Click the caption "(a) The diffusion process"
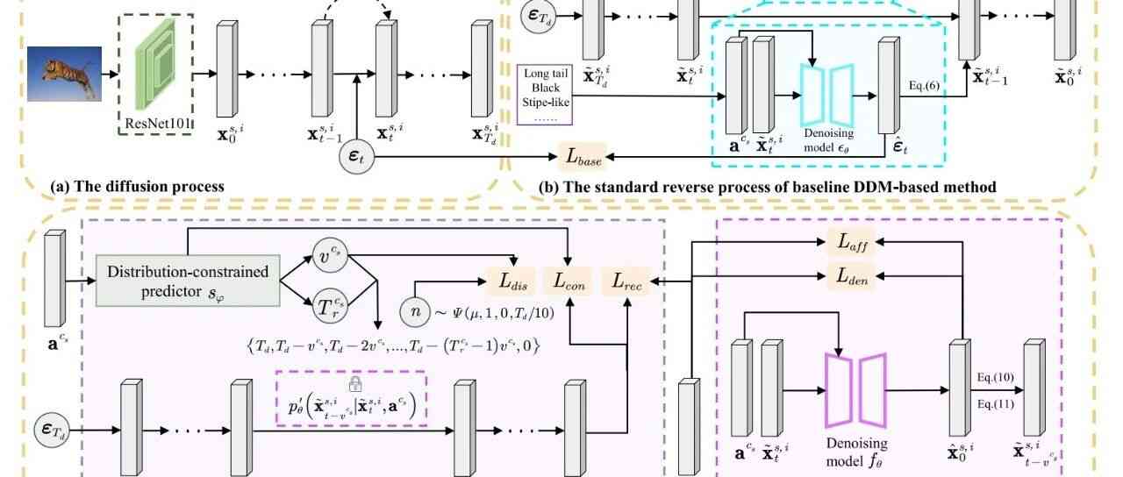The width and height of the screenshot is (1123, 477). click(138, 187)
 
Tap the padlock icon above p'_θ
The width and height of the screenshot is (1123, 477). click(355, 383)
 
